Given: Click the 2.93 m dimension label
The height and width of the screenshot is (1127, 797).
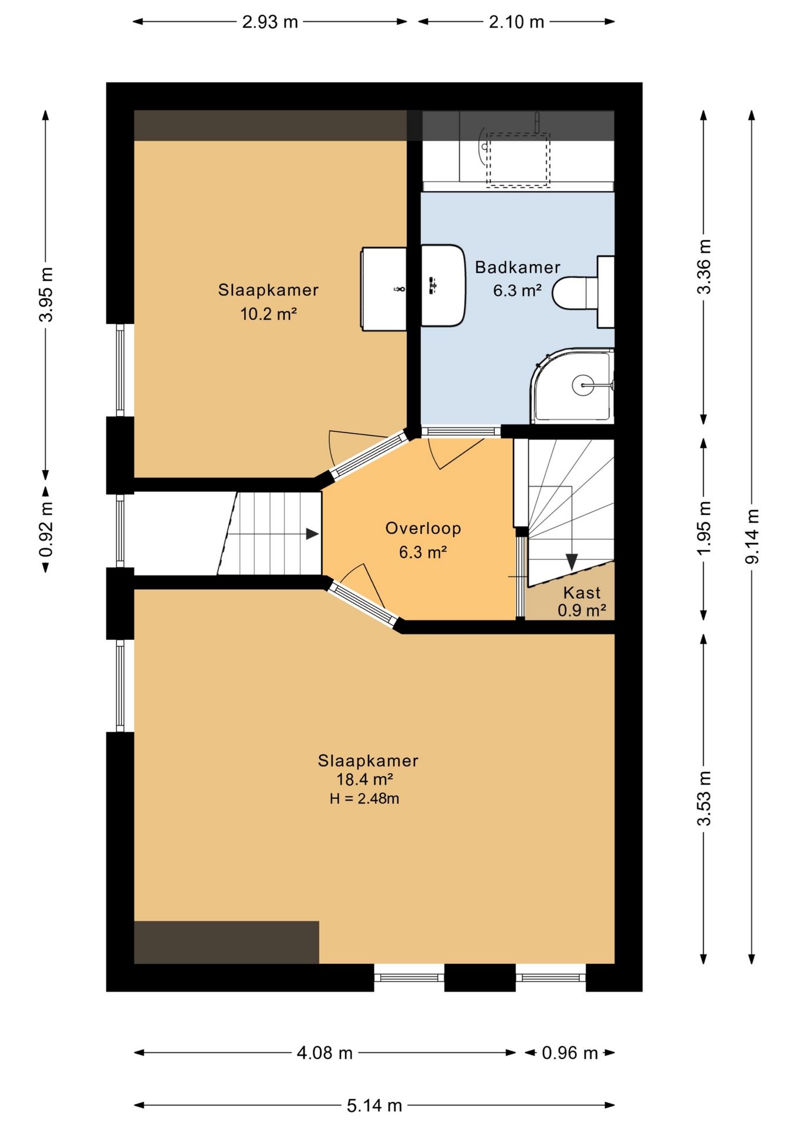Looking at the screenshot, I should click(x=270, y=22).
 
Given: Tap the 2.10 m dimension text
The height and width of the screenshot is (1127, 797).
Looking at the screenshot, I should click(x=516, y=22).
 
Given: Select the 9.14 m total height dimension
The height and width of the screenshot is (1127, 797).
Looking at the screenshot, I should click(x=752, y=536).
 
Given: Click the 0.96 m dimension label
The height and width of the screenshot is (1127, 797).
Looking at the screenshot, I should click(x=569, y=1053).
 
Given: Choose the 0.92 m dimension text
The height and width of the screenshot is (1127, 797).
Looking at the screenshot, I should click(x=46, y=529).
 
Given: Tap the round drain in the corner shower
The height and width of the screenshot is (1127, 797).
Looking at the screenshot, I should click(x=583, y=385).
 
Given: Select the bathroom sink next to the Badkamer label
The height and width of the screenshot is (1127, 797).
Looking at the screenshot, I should click(x=443, y=285).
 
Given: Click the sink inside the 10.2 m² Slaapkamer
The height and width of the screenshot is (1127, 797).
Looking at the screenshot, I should click(x=384, y=289).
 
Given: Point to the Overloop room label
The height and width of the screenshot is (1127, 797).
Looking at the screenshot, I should click(x=423, y=528).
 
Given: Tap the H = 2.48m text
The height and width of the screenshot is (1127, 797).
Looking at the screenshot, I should click(x=364, y=799).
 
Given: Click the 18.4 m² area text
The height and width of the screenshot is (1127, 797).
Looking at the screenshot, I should click(x=364, y=780).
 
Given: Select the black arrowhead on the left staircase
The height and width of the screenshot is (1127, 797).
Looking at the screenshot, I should click(x=313, y=534).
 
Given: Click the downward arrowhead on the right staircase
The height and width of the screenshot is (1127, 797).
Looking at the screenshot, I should click(x=571, y=561).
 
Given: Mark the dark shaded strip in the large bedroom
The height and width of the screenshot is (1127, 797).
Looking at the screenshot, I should click(x=226, y=942).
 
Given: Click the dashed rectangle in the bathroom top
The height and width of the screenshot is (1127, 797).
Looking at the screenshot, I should click(x=518, y=160).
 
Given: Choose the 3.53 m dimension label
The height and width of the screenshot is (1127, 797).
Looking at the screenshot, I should click(x=704, y=798).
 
